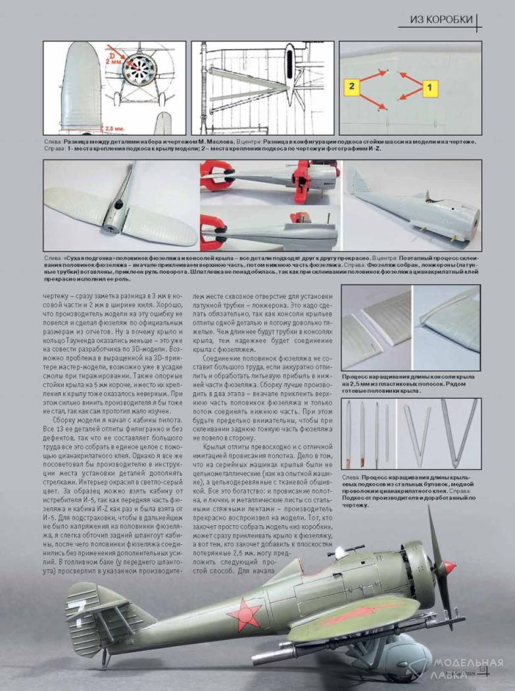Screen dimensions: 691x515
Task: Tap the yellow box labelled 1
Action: [x=429, y=86]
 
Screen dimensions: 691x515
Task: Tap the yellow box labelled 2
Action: [x=353, y=86]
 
